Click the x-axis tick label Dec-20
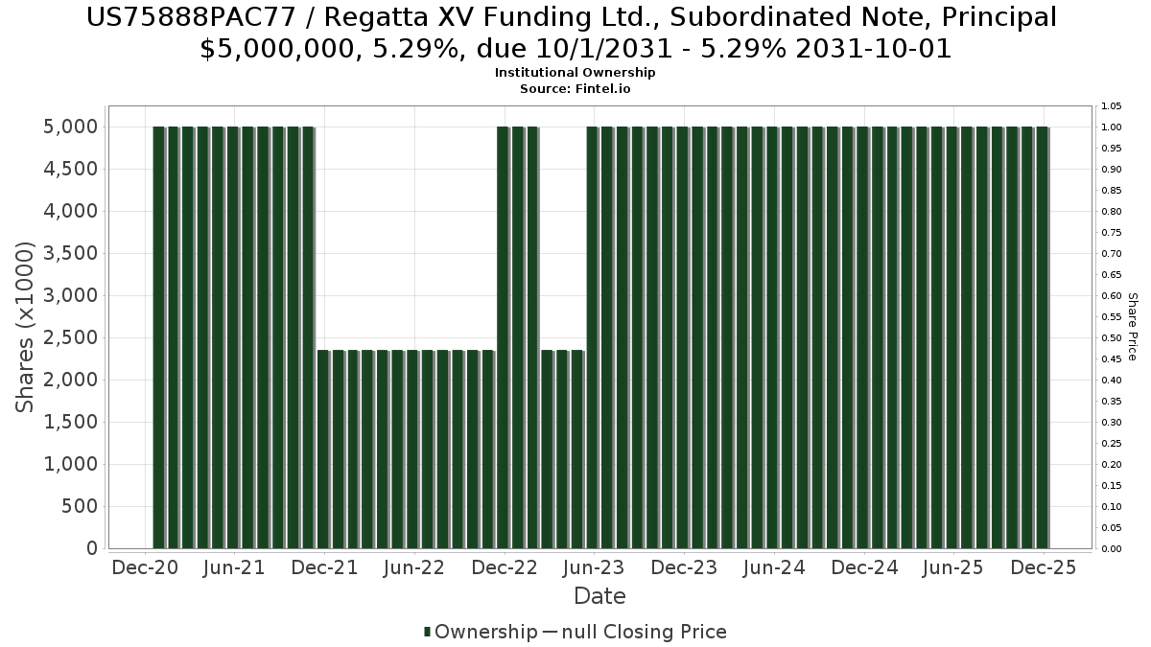[145, 567]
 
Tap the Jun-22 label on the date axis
[413, 567]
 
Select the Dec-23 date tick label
[684, 567]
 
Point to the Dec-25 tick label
[1044, 567]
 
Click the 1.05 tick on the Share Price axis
[1111, 106]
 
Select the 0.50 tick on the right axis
[1111, 338]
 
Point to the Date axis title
[599, 596]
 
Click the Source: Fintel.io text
[575, 88]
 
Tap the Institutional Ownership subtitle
[575, 73]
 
